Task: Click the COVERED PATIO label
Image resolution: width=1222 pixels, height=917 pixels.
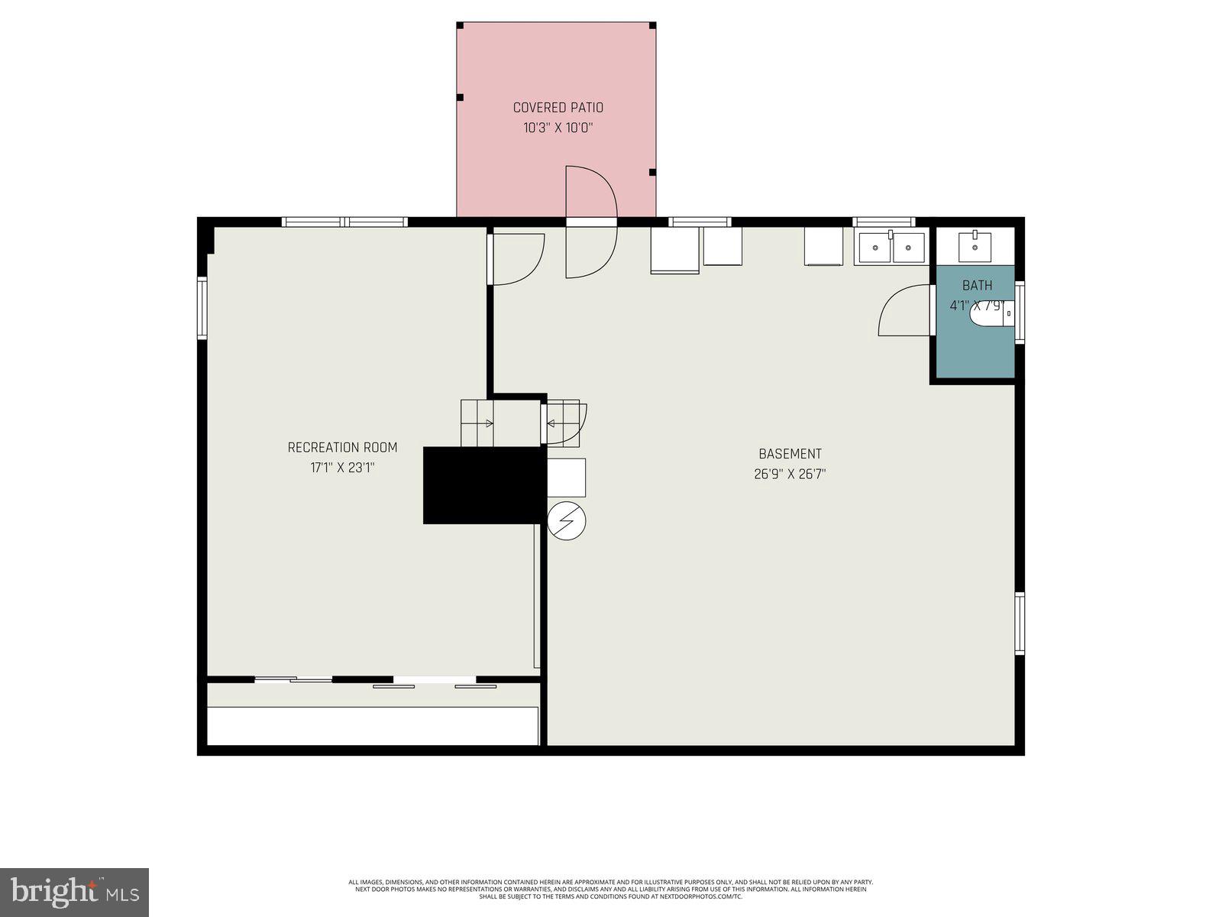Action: coord(558,108)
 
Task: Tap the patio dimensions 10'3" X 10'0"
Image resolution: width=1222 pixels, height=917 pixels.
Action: coord(558,128)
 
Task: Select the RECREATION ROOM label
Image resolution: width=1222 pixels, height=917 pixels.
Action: coord(342,447)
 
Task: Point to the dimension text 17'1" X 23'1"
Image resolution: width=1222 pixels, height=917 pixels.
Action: coord(342,468)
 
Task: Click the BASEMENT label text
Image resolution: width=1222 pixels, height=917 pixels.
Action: coord(790,454)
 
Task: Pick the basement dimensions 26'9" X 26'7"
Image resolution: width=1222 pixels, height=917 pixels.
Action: coord(790,474)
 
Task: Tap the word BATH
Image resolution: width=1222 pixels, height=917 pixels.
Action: coord(977,285)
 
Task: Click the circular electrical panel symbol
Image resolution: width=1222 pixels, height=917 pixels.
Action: coord(567,521)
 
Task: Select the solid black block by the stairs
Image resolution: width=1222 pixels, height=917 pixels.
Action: coord(484,485)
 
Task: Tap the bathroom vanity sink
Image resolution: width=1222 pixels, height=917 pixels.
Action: coord(975,246)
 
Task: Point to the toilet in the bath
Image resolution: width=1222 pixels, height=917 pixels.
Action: coord(993,313)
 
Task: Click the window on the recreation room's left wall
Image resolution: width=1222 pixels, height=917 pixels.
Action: coord(202,308)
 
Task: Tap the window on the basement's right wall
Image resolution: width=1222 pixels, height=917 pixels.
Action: coord(1019,623)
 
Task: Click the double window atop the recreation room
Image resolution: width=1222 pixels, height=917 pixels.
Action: coord(344,222)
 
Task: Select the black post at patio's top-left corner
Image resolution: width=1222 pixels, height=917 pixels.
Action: coord(461,26)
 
